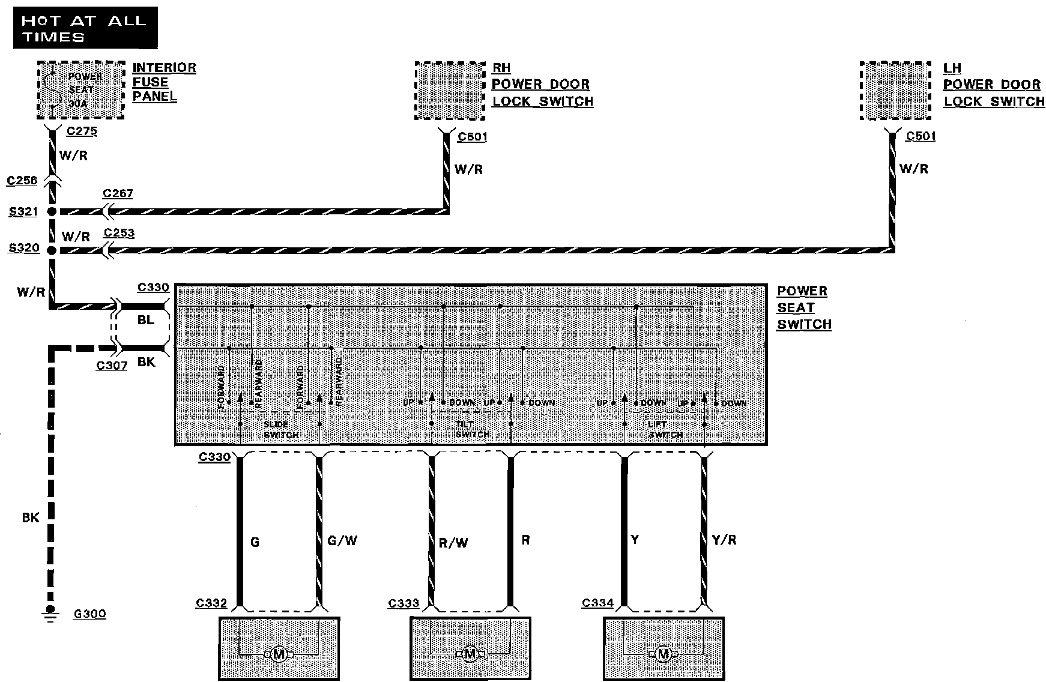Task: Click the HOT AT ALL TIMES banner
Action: [85, 28]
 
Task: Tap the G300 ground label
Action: [89, 614]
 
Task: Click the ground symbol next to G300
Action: [52, 614]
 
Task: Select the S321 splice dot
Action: [52, 211]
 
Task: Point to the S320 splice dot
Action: [52, 250]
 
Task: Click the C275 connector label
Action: [82, 131]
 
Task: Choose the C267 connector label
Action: [118, 193]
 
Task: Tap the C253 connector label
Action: [119, 233]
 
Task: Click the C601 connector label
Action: [473, 137]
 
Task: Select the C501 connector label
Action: [921, 136]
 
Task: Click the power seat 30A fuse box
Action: [81, 90]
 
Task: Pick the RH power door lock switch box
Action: [450, 91]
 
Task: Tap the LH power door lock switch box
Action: [895, 91]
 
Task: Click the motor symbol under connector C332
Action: [279, 654]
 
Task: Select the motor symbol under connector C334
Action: [663, 654]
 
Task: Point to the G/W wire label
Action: [342, 540]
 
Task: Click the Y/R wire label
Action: [724, 540]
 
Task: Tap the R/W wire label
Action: [453, 543]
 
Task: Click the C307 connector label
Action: [112, 365]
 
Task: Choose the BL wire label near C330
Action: [146, 320]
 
